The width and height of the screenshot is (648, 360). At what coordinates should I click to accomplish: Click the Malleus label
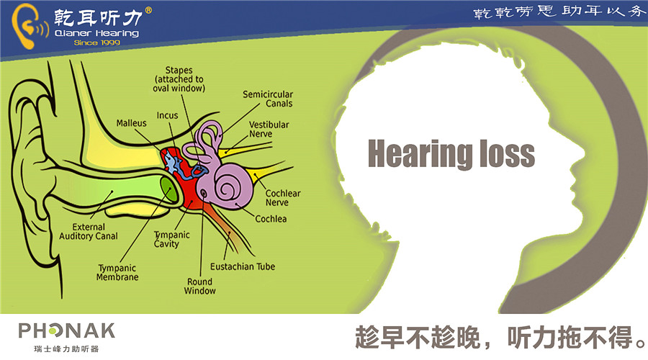132,123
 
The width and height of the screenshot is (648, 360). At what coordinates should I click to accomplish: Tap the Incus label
167,115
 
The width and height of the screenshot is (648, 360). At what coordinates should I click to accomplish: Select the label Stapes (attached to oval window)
179,79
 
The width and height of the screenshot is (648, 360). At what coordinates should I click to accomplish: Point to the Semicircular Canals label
268,99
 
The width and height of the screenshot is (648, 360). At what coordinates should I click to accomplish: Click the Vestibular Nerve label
269,129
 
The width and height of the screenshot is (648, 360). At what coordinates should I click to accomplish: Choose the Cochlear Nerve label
283,197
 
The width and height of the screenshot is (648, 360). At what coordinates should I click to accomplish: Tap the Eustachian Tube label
243,266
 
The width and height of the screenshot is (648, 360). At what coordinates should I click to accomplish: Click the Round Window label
200,286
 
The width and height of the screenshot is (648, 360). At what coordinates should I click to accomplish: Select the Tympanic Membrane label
117,272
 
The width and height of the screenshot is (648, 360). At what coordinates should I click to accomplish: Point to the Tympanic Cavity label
172,239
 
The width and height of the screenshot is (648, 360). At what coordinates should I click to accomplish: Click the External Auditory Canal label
89,231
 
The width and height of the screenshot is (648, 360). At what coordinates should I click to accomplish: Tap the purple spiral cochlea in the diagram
226,186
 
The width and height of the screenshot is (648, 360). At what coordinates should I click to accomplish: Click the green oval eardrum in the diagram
169,189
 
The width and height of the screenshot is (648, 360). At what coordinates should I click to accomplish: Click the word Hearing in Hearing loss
420,155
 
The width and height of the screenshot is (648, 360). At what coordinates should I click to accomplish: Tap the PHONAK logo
66,337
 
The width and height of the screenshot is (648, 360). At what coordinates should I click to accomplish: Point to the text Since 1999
97,42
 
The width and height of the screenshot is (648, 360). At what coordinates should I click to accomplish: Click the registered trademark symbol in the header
148,10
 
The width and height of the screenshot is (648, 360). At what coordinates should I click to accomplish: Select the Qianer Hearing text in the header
96,33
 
